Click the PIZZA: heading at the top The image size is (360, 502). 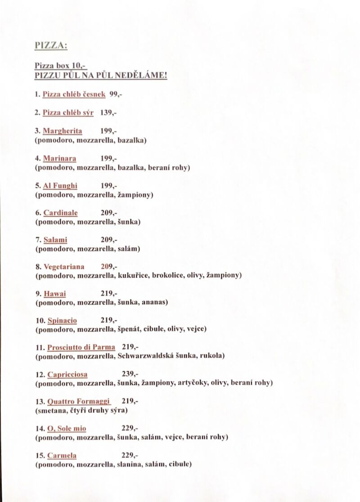coord(51,46)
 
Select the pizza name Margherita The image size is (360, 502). coord(62,131)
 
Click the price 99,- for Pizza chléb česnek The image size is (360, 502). coord(116,94)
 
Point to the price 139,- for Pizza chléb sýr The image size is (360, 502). coord(108,113)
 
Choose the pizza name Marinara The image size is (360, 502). coord(59,158)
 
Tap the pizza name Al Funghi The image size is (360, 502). coord(60,185)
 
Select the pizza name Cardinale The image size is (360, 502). coord(60,213)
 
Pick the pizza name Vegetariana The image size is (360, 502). coord(63,267)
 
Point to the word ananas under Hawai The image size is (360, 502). coord(154,302)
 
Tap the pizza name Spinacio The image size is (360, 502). coord(62,321)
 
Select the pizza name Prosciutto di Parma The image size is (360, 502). coord(81,347)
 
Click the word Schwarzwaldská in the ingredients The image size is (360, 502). coord(143,356)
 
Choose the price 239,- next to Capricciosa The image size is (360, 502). coord(130,374)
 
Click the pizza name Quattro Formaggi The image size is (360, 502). coord(79,401)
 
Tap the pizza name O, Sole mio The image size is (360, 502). coord(67,428)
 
